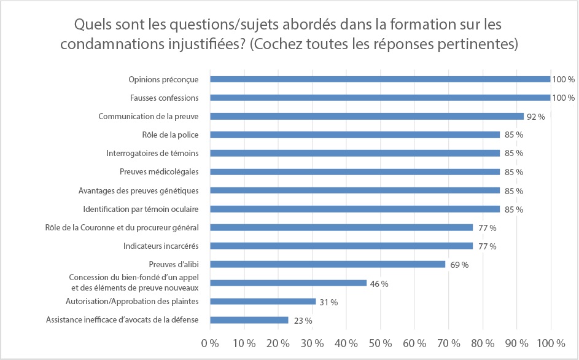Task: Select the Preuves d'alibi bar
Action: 327,264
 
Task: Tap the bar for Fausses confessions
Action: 380,98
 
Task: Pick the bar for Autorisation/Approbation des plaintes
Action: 263,302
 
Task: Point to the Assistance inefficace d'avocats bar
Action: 249,320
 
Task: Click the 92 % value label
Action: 536,116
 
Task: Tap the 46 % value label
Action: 379,284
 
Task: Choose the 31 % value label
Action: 328,302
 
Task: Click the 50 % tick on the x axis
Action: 380,342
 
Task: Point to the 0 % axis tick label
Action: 210,342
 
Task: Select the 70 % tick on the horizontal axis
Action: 448,342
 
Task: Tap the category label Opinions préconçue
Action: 164,79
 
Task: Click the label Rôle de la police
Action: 174,135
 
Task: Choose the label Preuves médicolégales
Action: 163,172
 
